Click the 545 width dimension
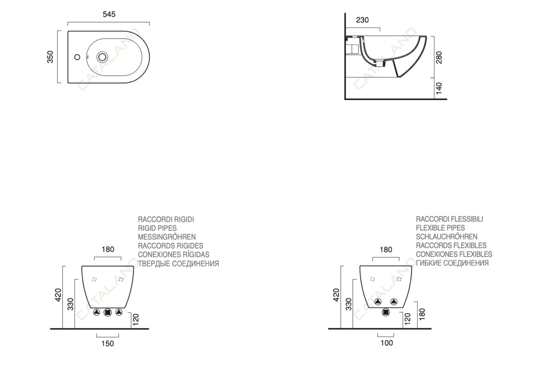(109, 14)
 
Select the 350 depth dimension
(50, 57)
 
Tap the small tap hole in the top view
(77, 57)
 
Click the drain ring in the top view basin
(102, 57)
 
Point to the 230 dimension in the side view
(362, 20)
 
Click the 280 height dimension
(439, 57)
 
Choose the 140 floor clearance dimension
(439, 88)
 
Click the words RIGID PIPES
(157, 228)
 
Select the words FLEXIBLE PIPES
(440, 228)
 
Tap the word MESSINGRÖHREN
(167, 237)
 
